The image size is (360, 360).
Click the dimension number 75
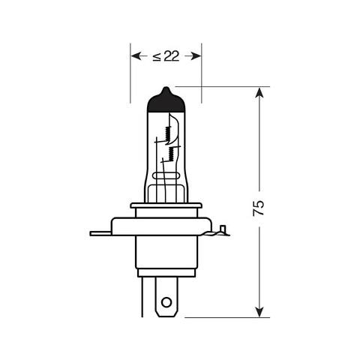tap(259, 208)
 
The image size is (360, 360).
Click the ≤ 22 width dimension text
tap(166, 56)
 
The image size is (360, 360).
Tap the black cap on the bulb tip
tap(166, 99)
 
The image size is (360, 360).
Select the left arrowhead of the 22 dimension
tap(136, 55)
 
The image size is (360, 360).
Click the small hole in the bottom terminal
tap(166, 304)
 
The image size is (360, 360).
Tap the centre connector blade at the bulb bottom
tap(166, 297)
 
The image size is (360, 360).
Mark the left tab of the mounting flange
tap(100, 232)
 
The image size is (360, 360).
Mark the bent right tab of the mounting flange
tap(220, 231)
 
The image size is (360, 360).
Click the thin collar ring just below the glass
tap(166, 205)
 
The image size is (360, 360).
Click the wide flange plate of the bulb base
tap(166, 225)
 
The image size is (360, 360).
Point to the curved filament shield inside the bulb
tap(177, 127)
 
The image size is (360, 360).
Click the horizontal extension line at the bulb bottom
tap(225, 316)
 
